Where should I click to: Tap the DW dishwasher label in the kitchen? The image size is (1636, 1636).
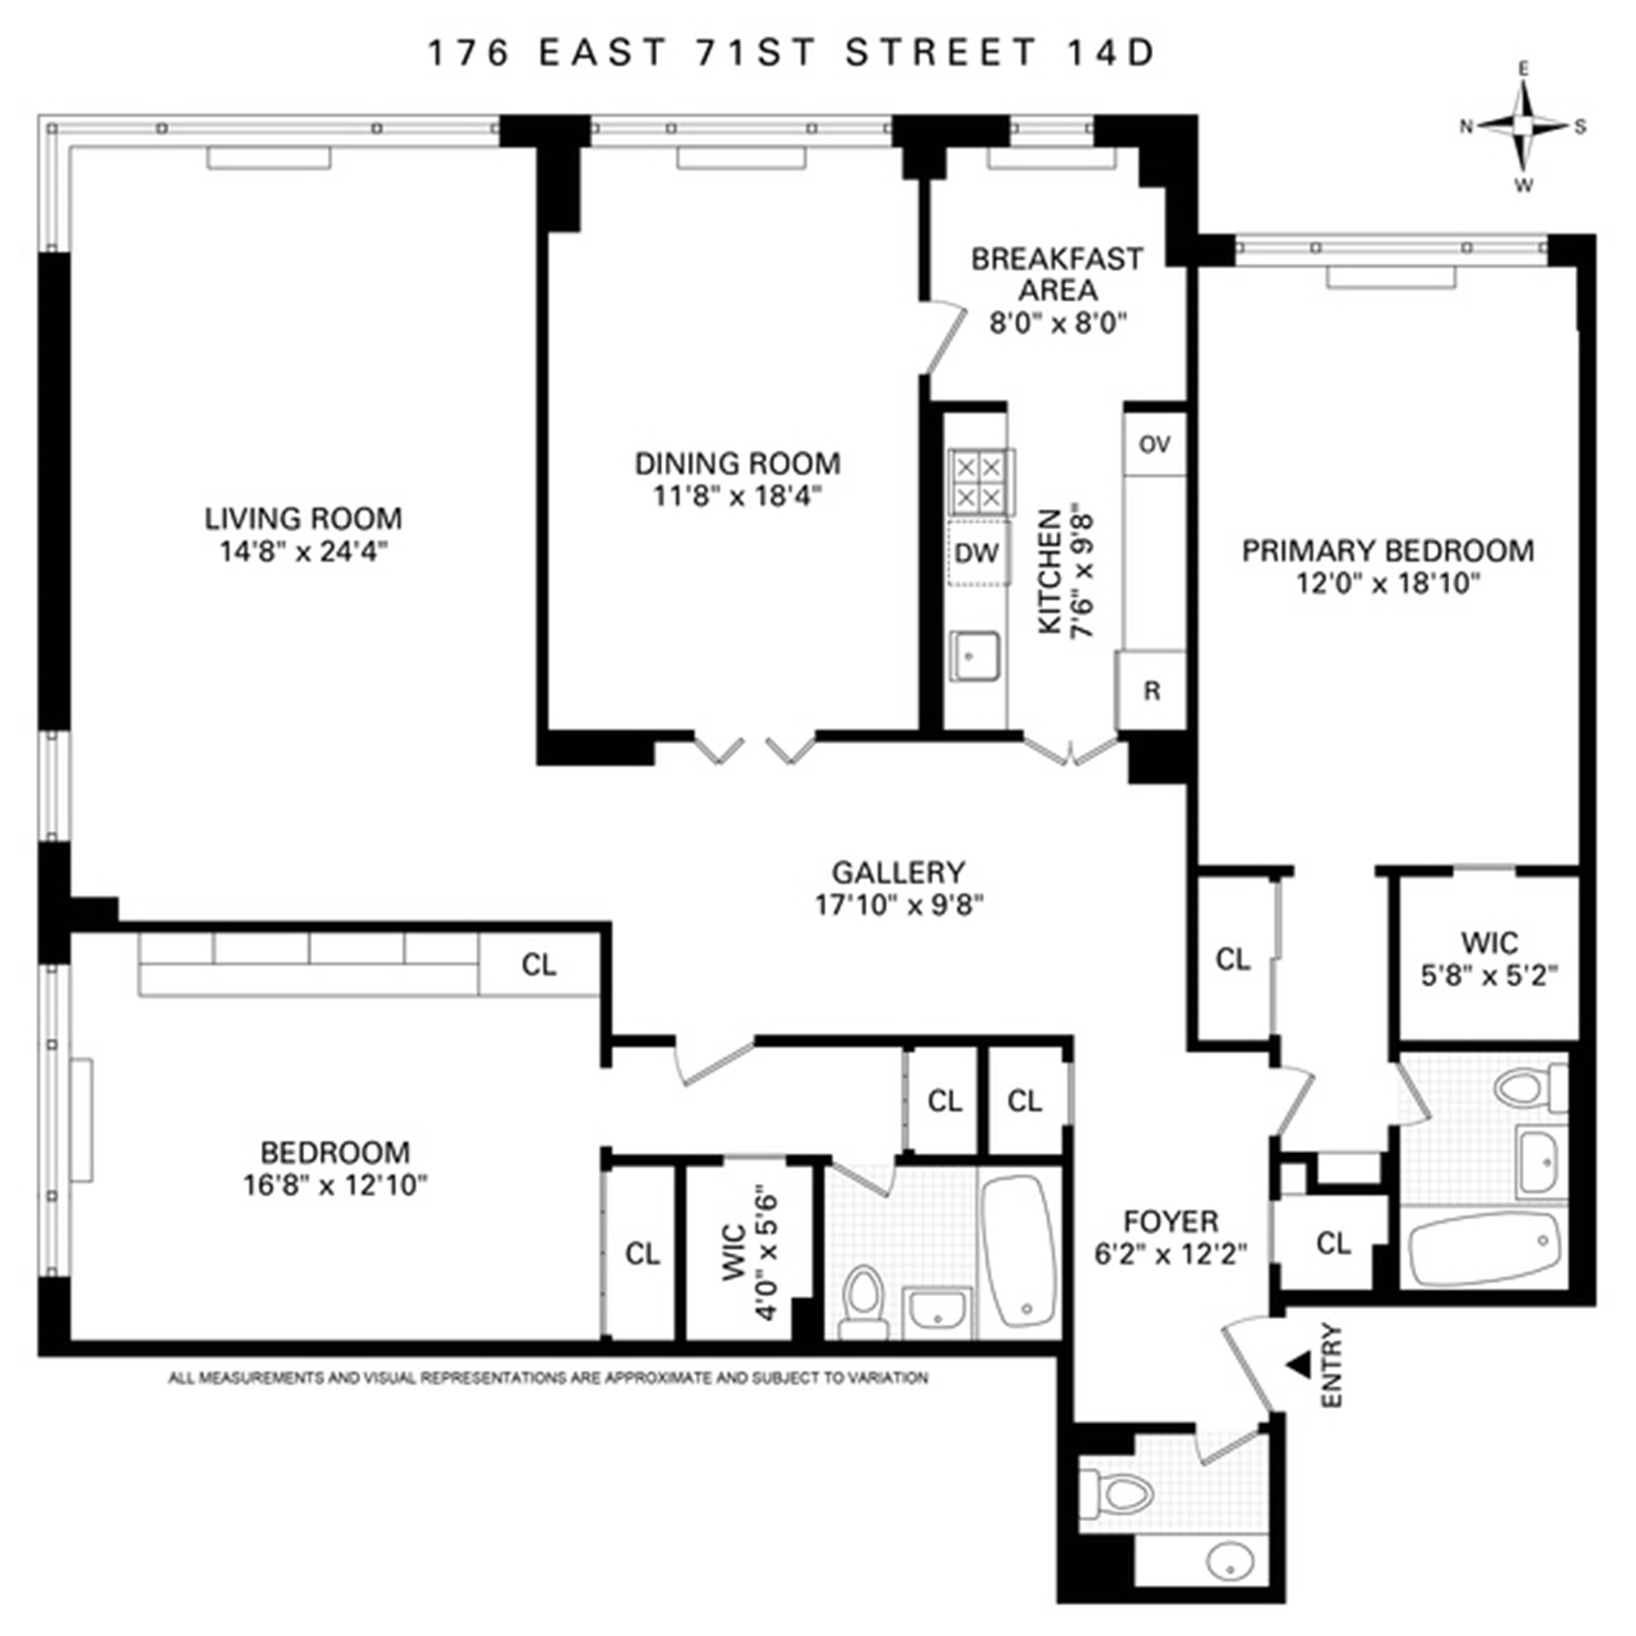977,553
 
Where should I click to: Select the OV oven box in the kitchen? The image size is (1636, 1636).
1154,444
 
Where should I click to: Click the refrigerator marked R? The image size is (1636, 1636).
1151,691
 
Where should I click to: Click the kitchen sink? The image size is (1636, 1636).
975,656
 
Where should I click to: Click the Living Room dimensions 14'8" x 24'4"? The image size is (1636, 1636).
303,552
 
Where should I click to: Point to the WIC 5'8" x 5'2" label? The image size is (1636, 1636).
1489,959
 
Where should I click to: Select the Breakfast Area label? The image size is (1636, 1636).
1057,274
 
